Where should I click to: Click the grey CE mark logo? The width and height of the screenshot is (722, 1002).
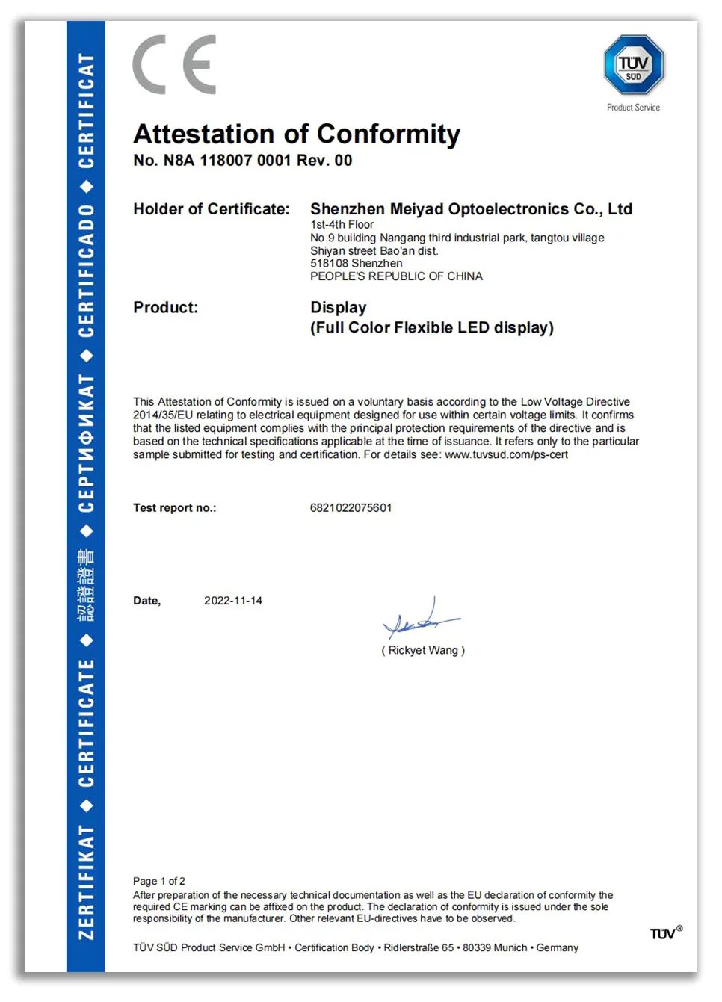click(174, 65)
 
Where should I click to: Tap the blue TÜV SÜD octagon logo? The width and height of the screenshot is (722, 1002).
click(634, 65)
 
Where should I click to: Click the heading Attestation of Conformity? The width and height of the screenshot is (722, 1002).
click(297, 134)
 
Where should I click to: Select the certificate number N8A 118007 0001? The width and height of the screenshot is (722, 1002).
click(227, 161)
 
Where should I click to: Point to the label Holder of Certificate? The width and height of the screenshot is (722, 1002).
click(211, 209)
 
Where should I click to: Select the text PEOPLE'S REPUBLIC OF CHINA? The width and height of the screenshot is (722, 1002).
click(396, 276)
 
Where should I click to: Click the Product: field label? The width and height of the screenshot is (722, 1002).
click(165, 308)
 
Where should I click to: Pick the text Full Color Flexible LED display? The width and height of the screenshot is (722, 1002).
click(432, 328)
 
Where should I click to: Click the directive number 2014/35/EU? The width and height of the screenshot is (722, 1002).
click(163, 415)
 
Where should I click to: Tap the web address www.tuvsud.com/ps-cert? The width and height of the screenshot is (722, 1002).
click(506, 454)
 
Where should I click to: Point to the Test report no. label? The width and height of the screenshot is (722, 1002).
click(174, 508)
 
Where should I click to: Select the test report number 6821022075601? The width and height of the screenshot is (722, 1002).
click(351, 508)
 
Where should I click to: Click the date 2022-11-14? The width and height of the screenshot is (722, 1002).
click(233, 601)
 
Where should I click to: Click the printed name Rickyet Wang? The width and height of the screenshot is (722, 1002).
click(423, 651)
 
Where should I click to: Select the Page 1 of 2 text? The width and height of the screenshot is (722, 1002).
click(159, 881)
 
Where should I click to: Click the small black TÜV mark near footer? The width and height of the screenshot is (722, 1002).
click(664, 933)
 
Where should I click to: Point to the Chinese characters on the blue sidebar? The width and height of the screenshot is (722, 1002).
click(86, 585)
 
